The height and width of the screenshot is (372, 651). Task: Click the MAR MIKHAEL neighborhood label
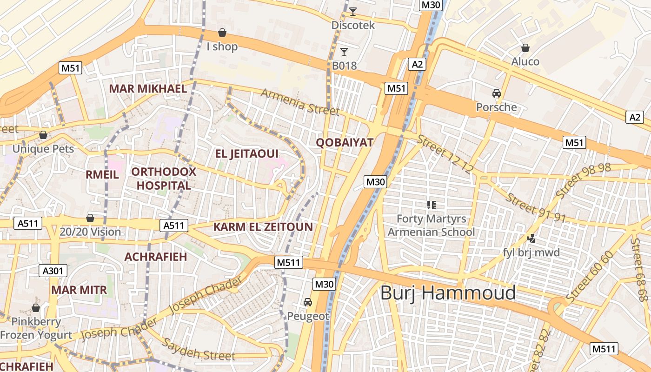tap(147, 89)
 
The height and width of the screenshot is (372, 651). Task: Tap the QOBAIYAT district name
tap(345, 142)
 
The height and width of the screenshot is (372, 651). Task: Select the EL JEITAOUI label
tap(246, 153)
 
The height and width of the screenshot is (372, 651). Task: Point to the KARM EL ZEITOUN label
tap(263, 227)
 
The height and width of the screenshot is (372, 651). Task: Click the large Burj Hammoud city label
tap(448, 293)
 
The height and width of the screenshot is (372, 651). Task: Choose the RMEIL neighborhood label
tap(102, 174)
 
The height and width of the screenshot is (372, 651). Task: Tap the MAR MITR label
tap(79, 290)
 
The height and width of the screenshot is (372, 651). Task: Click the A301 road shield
tap(54, 271)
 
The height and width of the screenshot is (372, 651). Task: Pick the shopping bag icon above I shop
tap(222, 33)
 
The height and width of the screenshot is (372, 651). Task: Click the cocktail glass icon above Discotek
tap(353, 12)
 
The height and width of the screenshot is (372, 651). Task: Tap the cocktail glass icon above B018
tap(344, 52)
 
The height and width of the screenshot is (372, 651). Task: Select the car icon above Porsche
tap(497, 93)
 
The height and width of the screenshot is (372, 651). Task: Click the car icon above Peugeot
tap(308, 302)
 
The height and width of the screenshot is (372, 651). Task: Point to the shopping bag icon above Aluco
tap(525, 47)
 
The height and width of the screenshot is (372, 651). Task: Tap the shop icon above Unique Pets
tap(43, 135)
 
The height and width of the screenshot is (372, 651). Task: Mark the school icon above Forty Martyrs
tap(431, 204)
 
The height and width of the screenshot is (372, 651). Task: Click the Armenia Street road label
tap(300, 101)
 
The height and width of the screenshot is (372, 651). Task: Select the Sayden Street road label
tap(199, 350)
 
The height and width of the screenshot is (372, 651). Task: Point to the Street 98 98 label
tap(583, 180)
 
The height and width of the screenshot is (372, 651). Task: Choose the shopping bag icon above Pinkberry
tap(36, 308)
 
